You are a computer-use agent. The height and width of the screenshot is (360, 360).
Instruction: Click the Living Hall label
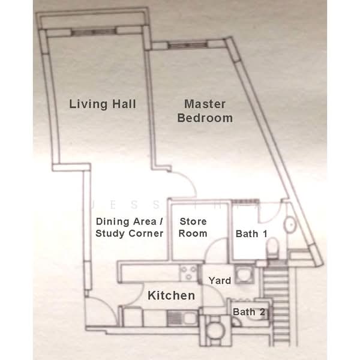103,104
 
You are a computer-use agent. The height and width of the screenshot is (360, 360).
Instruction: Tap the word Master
205,104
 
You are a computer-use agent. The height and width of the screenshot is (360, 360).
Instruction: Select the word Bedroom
205,118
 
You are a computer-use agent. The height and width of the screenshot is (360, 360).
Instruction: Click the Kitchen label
171,295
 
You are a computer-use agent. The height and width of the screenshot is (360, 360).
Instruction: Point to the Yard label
220,281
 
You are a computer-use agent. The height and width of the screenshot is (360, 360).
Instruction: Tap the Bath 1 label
251,234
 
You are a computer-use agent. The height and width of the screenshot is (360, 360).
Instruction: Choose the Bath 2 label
249,312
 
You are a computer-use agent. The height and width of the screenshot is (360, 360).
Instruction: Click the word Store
193,221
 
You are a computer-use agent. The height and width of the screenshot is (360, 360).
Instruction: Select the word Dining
113,222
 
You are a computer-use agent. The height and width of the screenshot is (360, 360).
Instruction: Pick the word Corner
146,233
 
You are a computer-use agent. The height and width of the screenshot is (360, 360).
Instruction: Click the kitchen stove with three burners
189,273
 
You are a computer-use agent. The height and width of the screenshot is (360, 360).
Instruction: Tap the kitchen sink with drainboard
182,318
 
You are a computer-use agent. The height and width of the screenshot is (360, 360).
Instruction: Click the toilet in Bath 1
273,249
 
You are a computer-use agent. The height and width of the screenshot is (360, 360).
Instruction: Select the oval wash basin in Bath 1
290,224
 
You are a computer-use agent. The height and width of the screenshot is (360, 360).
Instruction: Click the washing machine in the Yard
245,274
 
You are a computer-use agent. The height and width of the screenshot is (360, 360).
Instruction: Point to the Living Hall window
93,32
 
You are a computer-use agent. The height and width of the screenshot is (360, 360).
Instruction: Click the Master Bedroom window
188,45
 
